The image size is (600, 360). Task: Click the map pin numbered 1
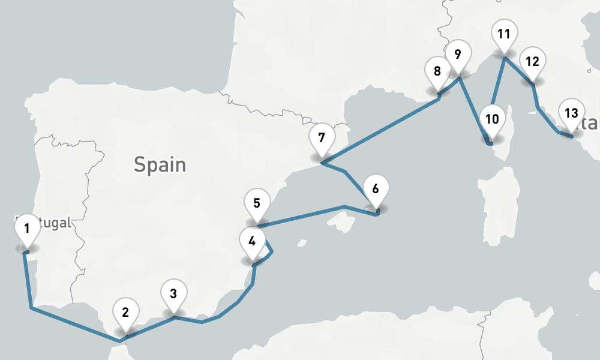pos(26,229)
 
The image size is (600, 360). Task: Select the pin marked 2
pos(125,313)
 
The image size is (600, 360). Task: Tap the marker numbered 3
pos(173,294)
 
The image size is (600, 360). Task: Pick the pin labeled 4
pos(252,242)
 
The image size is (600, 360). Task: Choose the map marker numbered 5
pos(257,203)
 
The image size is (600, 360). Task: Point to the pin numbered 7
pos(322,138)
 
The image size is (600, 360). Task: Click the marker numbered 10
pos(492,119)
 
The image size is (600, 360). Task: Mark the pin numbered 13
pos(571,113)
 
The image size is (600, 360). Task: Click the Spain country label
pos(160,164)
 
